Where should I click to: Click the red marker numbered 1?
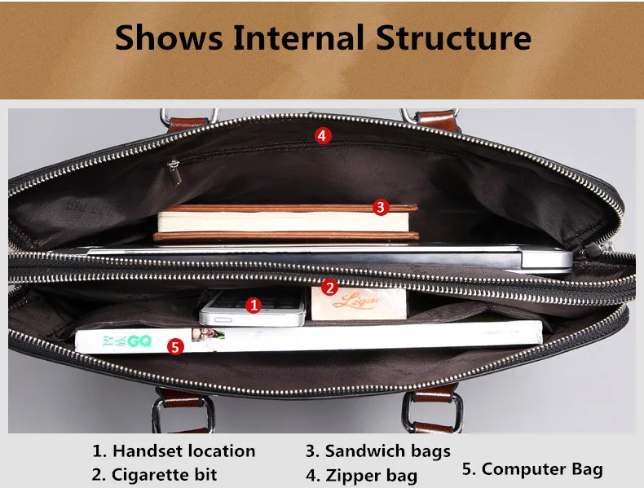pyautogui.click(x=254, y=306)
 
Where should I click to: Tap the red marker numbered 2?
pyautogui.click(x=329, y=287)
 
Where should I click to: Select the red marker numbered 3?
pyautogui.click(x=380, y=207)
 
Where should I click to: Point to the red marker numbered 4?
pyautogui.click(x=323, y=135)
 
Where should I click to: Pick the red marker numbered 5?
pyautogui.click(x=175, y=346)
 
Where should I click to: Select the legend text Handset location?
pyautogui.click(x=183, y=451)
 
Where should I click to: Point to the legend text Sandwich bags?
pyautogui.click(x=387, y=451)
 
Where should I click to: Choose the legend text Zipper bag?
pyautogui.click(x=371, y=475)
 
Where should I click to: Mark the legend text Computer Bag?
pyautogui.click(x=542, y=468)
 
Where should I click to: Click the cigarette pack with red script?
pyautogui.click(x=359, y=303)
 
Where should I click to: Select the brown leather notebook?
pyautogui.click(x=285, y=222)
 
